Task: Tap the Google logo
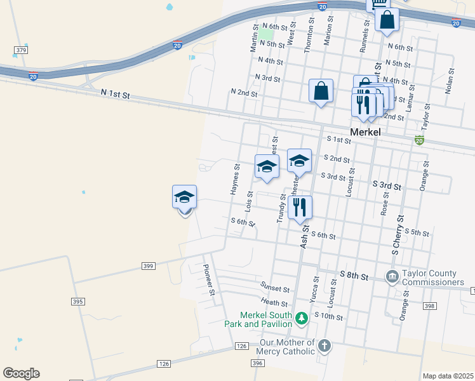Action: click(x=21, y=373)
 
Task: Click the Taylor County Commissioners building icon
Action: click(x=392, y=276)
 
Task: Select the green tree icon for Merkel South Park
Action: click(x=302, y=317)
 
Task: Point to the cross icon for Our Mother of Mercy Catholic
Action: click(x=324, y=346)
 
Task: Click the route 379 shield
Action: click(x=21, y=50)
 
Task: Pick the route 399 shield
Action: click(x=148, y=265)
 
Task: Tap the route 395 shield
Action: click(x=78, y=302)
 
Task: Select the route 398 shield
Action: click(x=429, y=306)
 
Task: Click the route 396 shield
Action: click(x=257, y=363)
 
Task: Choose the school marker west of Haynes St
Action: click(x=185, y=197)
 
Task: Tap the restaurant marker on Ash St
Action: click(x=300, y=206)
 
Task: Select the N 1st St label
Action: click(x=115, y=94)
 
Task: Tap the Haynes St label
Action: click(x=234, y=180)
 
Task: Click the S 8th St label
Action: click(x=354, y=276)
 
